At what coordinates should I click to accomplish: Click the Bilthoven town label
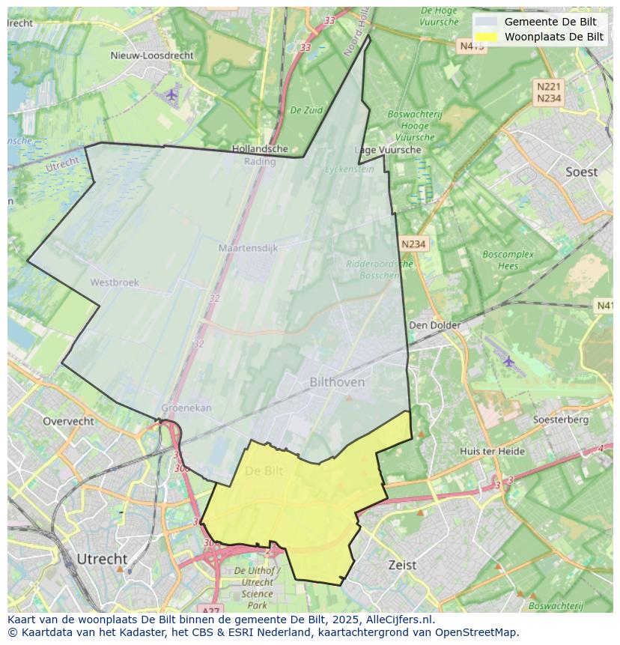click(x=337, y=382)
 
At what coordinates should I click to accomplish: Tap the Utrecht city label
click(x=102, y=559)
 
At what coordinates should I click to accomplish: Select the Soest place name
click(x=581, y=172)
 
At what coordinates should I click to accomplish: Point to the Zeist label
click(x=402, y=565)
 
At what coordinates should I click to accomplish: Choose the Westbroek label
click(x=115, y=282)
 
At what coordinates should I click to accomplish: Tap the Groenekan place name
click(x=186, y=408)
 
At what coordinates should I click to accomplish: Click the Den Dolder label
click(x=434, y=325)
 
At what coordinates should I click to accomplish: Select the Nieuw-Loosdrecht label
click(x=151, y=55)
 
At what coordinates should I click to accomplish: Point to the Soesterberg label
click(x=560, y=420)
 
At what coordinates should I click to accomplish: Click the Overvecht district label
click(x=68, y=421)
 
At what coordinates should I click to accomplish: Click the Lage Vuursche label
click(x=388, y=150)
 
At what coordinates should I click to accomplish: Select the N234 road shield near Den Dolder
click(x=413, y=244)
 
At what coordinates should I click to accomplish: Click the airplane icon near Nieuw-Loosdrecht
click(x=171, y=94)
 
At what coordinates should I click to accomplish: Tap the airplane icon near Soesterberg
click(x=509, y=362)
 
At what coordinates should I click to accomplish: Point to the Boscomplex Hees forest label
click(x=508, y=260)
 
